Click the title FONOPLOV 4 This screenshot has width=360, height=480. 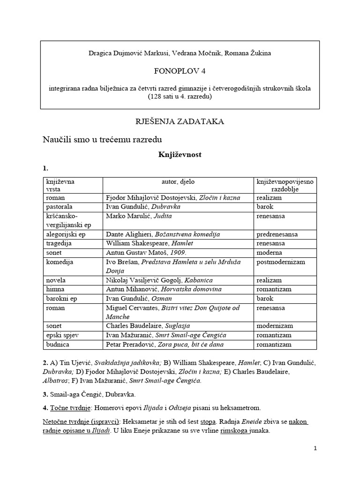[x=180, y=71]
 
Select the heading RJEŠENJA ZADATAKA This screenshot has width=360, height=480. [x=180, y=121]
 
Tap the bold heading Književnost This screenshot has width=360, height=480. [x=180, y=154]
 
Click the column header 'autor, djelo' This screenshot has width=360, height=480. [x=178, y=181]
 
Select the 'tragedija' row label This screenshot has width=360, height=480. [x=59, y=243]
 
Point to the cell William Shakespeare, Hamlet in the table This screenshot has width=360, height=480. [x=150, y=243]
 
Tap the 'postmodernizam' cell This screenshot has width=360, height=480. [x=281, y=262]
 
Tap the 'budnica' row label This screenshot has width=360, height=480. [x=56, y=344]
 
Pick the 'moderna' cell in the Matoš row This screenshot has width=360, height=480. [x=270, y=252]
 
